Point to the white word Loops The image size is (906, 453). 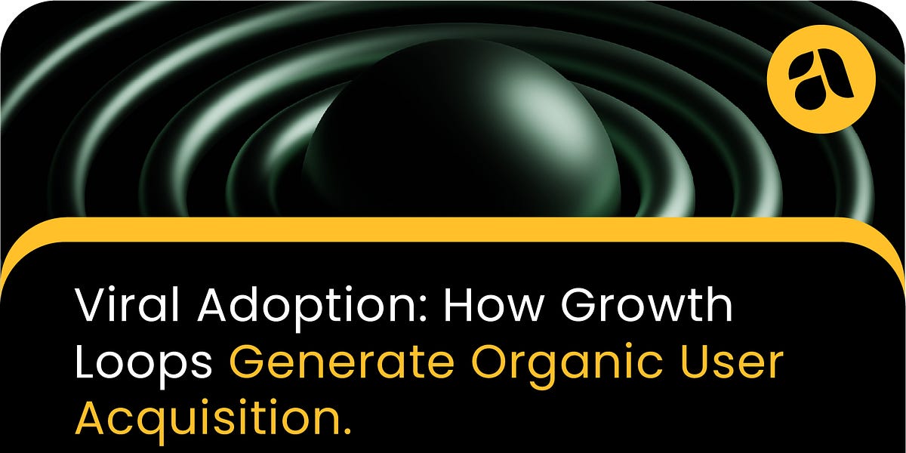click(x=143, y=364)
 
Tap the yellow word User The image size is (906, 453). click(x=737, y=364)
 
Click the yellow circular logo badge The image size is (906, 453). click(x=821, y=79)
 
